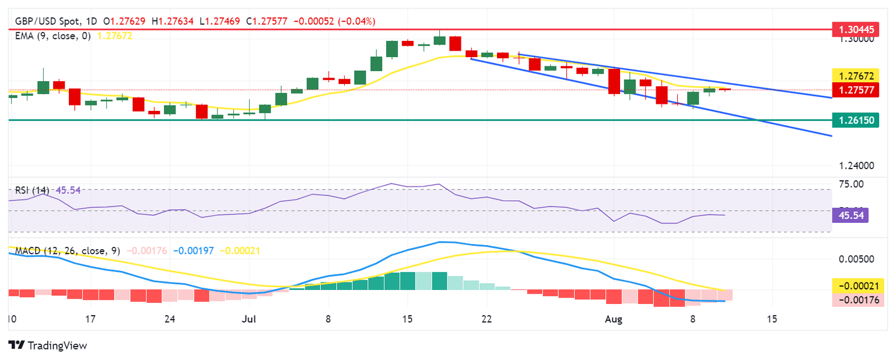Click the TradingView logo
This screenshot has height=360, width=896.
(x=48, y=345)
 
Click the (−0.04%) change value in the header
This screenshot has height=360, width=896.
(x=357, y=22)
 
